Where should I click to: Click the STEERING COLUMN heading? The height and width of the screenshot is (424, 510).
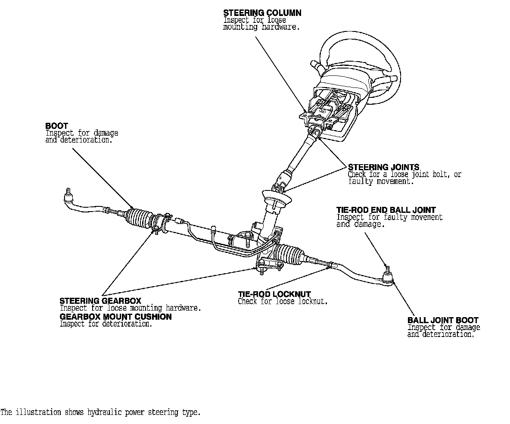coord(262,13)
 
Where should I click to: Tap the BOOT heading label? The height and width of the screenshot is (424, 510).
coord(56,126)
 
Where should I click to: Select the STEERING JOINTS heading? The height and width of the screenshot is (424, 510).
coord(383,167)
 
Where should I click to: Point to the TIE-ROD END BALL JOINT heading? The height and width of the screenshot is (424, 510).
coord(386,210)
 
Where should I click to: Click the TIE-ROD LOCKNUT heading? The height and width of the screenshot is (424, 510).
coord(274,295)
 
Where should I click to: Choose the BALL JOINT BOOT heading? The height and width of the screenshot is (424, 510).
coord(443,320)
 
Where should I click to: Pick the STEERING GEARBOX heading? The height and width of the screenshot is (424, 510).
coord(100,301)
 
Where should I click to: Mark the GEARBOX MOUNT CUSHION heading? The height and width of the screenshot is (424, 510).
coord(115,317)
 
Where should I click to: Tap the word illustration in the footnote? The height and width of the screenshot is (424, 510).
coord(38,412)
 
